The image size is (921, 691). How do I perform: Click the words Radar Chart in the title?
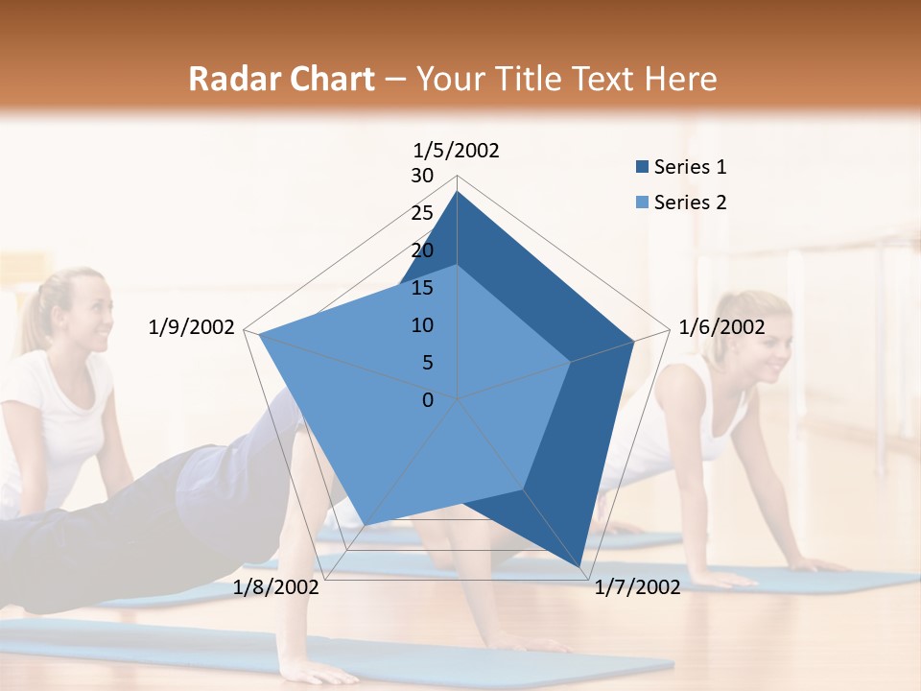tap(281, 79)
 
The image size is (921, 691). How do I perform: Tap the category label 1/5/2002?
tap(457, 150)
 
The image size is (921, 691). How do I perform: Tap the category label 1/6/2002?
tap(721, 327)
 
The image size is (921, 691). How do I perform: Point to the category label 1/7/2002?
tap(637, 587)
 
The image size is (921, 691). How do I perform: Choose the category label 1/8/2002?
tap(276, 587)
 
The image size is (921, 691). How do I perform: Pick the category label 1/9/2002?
tap(192, 327)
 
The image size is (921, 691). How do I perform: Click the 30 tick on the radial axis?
tap(422, 176)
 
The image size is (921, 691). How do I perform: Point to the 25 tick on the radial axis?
tap(422, 213)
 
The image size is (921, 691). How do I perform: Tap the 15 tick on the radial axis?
tap(422, 288)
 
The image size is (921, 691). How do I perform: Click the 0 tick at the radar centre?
tap(428, 400)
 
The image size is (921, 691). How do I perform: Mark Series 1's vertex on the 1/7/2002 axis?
tap(579, 567)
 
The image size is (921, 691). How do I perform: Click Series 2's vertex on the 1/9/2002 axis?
tap(258, 334)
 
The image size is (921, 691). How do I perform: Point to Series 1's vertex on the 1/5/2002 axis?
tap(458, 191)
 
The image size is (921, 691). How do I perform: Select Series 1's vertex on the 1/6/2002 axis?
tap(634, 341)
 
